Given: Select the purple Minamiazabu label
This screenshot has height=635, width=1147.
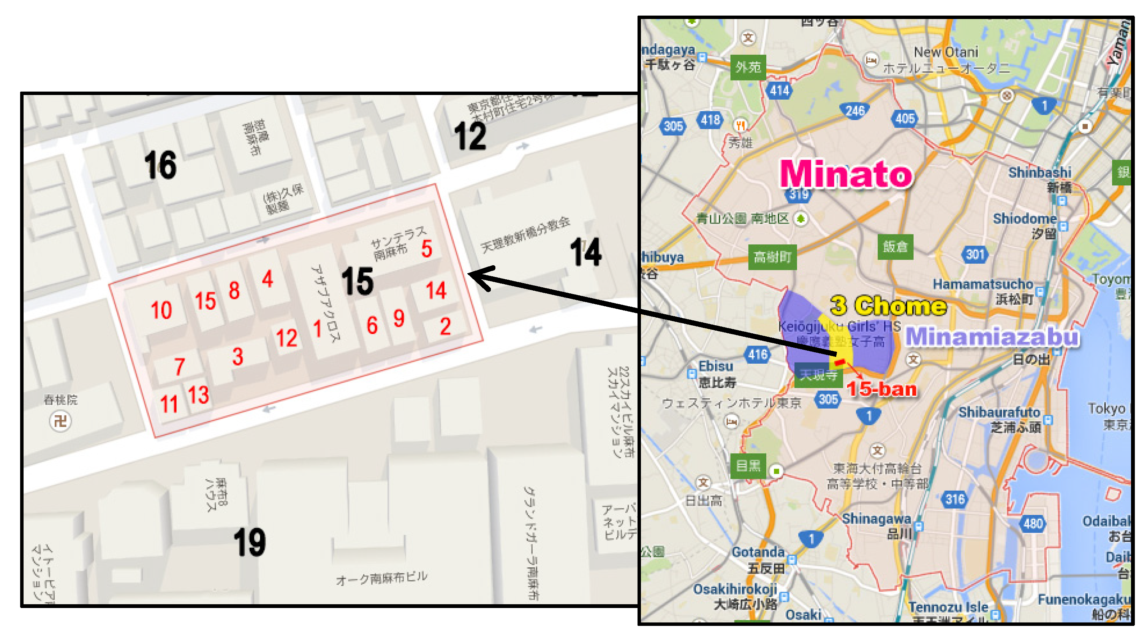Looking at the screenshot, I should click(x=992, y=337).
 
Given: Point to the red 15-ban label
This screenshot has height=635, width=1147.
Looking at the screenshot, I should click(x=882, y=389).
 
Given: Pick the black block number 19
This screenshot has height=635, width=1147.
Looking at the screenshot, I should click(x=249, y=542).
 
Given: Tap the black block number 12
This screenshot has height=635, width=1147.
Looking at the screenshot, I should click(x=470, y=136).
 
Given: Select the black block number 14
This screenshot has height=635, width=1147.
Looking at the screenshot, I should click(x=585, y=252).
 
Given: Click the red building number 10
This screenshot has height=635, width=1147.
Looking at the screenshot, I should click(x=161, y=310).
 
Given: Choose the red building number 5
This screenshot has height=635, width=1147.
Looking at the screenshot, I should click(x=427, y=249).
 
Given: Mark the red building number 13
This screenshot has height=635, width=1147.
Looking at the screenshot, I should click(x=199, y=395).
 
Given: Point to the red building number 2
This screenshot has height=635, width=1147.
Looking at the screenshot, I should click(x=445, y=326).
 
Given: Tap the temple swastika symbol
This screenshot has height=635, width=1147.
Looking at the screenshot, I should click(x=60, y=421).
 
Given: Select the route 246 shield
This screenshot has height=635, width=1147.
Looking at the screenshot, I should click(x=854, y=111).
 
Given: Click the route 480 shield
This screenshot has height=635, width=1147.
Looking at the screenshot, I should click(x=1033, y=523).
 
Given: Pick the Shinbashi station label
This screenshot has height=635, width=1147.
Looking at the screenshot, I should click(x=1040, y=172).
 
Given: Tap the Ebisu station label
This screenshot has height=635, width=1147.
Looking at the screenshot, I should click(x=715, y=366).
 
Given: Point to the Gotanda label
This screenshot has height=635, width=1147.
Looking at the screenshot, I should click(x=758, y=552).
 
